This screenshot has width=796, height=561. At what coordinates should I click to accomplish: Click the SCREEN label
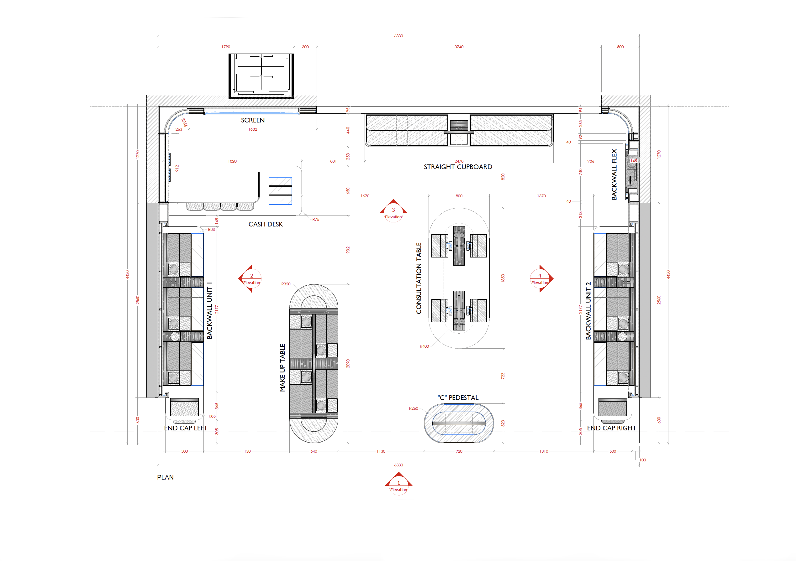[253, 120]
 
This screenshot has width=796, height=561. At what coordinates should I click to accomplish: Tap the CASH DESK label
[266, 224]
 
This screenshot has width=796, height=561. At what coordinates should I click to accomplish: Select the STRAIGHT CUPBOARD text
[458, 167]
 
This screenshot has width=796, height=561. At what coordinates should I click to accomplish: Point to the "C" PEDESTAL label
[458, 397]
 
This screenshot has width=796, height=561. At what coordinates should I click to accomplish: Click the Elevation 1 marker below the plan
[398, 483]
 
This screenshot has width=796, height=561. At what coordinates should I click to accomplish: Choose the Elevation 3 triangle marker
[393, 210]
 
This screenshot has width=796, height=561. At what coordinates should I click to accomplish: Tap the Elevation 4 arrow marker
[540, 278]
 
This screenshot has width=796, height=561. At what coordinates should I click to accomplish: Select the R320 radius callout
[286, 284]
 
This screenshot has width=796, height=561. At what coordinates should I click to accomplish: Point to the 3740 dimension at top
[459, 47]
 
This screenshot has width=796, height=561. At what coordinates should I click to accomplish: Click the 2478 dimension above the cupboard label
[459, 161]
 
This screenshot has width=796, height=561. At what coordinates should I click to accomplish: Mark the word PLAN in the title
[165, 477]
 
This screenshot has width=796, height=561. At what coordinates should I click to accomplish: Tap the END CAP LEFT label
[186, 428]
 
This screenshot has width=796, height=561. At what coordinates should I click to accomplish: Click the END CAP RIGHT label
[611, 428]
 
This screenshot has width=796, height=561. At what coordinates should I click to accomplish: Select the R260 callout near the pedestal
[413, 408]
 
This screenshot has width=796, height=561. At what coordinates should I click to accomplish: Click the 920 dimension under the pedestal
[459, 451]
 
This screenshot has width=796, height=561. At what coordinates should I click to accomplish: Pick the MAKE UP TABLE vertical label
[282, 367]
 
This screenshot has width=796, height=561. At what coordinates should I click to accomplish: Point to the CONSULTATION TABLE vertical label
[419, 278]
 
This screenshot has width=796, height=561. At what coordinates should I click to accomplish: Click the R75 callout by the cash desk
[315, 220]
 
